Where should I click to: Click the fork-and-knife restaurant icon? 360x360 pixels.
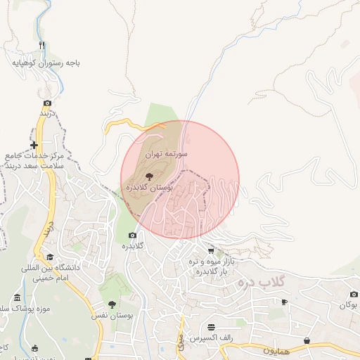(x=42, y=46)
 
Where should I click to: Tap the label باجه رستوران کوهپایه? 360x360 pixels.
(x=46, y=63)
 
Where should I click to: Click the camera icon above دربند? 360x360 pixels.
(x=47, y=103)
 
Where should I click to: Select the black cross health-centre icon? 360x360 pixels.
(x=34, y=146)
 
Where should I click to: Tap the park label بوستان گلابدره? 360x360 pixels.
(x=148, y=189)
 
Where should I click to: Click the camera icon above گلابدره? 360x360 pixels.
(x=131, y=235)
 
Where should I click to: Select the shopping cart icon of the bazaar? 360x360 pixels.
(x=211, y=250)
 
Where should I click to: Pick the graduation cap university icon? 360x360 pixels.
(x=49, y=257)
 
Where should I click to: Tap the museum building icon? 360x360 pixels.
(x=18, y=297)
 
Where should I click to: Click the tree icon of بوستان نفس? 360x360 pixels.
(x=112, y=304)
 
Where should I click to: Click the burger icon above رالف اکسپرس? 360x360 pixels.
(x=212, y=327)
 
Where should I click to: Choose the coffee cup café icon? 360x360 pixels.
(x=284, y=302)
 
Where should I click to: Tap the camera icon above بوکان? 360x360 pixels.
(x=353, y=295)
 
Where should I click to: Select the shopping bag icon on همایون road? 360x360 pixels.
(x=307, y=341)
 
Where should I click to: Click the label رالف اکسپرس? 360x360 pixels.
(x=216, y=339)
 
